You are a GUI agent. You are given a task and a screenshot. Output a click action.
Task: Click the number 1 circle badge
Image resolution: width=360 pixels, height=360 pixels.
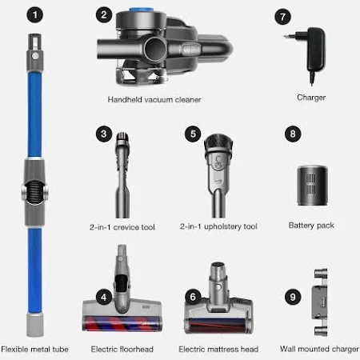(x=34, y=14)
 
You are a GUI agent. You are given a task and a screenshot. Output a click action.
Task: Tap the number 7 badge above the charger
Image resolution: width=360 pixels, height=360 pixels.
(x=282, y=17)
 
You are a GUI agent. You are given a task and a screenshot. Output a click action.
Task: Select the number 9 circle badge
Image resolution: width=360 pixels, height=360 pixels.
(x=293, y=297)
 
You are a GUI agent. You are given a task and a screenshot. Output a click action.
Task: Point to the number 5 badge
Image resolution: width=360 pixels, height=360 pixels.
(x=193, y=134)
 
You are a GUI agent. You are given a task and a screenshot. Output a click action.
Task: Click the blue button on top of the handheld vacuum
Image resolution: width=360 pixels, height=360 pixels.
(x=142, y=10)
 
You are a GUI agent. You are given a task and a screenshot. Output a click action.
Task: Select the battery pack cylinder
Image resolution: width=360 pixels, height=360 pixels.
(x=312, y=186)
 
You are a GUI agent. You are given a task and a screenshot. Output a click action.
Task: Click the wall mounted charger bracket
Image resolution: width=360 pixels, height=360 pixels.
(x=321, y=302)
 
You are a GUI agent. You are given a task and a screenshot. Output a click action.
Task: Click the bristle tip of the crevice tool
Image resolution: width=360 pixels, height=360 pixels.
(x=122, y=137)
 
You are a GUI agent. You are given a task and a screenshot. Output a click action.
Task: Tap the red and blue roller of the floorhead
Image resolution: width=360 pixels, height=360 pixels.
(x=122, y=322)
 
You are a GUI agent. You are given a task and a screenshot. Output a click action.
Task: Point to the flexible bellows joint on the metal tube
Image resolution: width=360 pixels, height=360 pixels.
(x=34, y=191)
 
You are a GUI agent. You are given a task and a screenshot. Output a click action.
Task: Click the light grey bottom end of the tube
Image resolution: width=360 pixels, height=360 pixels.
(x=34, y=325)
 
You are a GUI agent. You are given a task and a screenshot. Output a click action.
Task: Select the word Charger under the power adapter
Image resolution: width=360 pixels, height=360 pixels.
(x=311, y=98)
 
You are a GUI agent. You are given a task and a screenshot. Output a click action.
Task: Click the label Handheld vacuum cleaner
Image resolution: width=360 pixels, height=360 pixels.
(x=154, y=100)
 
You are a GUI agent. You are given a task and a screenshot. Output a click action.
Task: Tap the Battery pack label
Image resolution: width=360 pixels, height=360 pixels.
(x=311, y=226)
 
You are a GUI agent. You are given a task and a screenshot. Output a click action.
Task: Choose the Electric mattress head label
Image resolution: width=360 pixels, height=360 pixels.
(x=218, y=349)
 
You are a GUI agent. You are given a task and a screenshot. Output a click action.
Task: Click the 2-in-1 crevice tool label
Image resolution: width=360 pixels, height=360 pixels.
(x=122, y=227)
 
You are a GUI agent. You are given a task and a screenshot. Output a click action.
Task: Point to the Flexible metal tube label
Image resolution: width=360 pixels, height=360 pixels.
(x=34, y=349)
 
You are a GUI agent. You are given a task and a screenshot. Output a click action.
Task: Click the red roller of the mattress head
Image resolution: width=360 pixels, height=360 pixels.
(x=218, y=326)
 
